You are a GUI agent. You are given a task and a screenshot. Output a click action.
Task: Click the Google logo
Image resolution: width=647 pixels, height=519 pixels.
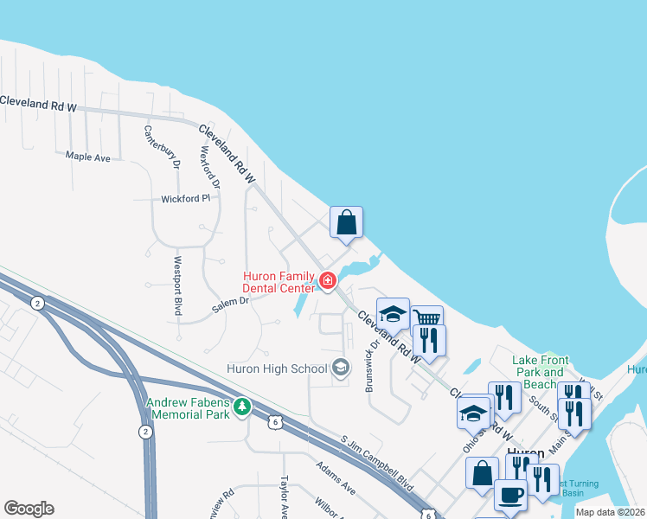click(29, 509)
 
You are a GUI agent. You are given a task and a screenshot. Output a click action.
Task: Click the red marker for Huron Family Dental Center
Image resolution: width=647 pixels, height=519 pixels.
click(328, 279)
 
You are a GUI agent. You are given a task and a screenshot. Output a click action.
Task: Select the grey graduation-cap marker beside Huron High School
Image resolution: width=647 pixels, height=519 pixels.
click(340, 368)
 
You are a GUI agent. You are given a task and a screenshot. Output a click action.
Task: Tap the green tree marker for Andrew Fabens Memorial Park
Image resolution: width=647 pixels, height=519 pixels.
click(243, 407)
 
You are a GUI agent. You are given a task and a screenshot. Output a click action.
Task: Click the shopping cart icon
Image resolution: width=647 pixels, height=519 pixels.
click(426, 318)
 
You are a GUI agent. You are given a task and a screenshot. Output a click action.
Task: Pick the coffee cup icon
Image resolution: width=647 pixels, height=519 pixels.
click(509, 496)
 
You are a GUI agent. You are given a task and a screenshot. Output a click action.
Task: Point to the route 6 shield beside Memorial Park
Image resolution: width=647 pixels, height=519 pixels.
click(274, 422)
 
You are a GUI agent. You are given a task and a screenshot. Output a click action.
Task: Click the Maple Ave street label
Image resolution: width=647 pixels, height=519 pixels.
click(88, 157)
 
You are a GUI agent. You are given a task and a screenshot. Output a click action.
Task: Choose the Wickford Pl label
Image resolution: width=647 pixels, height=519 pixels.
click(186, 199)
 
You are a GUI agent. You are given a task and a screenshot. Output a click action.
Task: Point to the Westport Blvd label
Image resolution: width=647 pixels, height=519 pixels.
click(177, 285)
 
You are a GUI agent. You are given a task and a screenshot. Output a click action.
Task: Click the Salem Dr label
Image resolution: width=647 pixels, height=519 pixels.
click(231, 304)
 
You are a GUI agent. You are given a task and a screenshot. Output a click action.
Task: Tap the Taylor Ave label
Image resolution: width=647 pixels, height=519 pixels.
click(283, 497)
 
